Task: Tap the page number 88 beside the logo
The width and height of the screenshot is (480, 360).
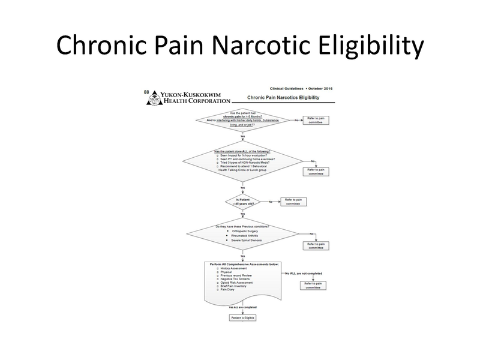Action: [146, 92]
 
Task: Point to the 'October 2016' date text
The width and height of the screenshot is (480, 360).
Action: [320, 89]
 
